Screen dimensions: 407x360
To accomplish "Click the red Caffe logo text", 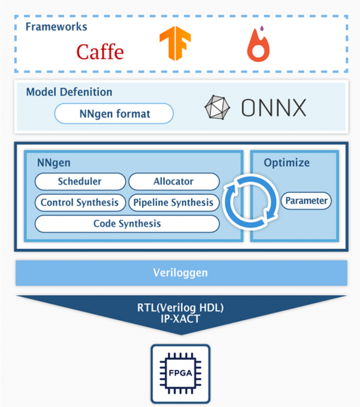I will click(100, 52).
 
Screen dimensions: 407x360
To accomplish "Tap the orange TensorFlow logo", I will click(175, 43).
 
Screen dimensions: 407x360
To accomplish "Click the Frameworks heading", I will click(56, 27).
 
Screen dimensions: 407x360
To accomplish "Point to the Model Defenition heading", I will click(69, 92).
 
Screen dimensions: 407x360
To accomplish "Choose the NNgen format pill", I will click(114, 114).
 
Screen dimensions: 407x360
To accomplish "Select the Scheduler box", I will click(80, 182).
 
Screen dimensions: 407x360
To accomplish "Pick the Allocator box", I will click(173, 182).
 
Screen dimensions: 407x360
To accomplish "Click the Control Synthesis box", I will click(80, 203).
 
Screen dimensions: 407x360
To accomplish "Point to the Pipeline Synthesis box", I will click(173, 203).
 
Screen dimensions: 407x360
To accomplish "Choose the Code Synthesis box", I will click(127, 224).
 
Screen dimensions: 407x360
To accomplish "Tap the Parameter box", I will click(306, 201).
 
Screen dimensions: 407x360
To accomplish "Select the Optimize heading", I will click(286, 163).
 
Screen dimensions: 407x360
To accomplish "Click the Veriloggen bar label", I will click(180, 273).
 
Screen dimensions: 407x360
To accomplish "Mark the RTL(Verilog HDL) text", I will click(181, 308).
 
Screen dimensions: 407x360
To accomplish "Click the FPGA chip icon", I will click(180, 373).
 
